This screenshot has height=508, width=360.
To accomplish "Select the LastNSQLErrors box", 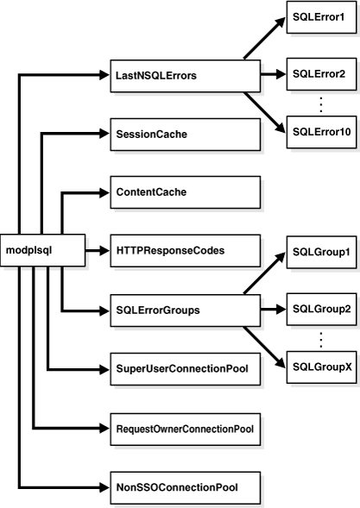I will pos(185,75).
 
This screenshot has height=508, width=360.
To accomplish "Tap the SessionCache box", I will pos(185,134).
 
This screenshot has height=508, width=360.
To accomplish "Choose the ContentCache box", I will pos(185,192).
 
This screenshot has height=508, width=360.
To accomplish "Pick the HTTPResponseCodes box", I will pos(185,250).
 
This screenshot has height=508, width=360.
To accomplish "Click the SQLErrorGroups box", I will pos(185,309).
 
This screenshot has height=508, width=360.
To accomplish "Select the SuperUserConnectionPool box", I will pos(185,367).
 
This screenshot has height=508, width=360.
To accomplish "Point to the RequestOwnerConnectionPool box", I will pos(185,426).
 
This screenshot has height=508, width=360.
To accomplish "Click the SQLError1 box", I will pos(319,17).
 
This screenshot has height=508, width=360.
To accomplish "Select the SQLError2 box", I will pos(319,74).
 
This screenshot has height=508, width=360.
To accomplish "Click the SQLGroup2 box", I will pos(319,308).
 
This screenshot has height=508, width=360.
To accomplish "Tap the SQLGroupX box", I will pos(319,366).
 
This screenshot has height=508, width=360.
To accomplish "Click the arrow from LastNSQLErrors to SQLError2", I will pos(273,75).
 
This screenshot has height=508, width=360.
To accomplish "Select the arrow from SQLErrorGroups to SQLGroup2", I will pos(273,308).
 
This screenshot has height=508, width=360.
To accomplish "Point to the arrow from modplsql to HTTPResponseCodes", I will pos(98,250).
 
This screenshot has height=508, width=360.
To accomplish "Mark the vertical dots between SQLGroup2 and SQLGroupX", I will pos(320,337).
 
